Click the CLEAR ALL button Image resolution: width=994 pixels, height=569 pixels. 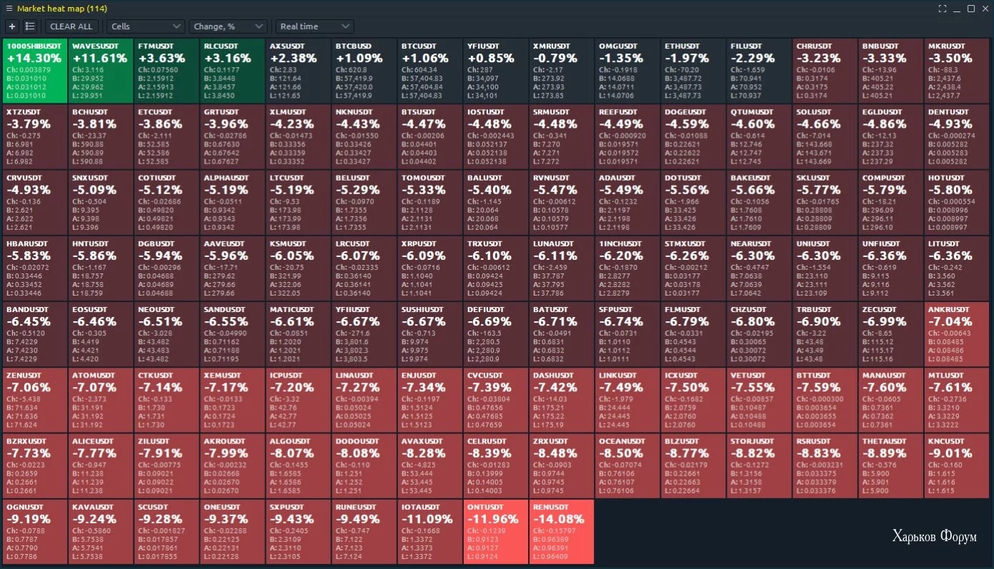coord(71,26)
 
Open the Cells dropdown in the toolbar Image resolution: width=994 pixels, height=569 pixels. coord(146,26)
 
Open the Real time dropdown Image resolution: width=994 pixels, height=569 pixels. coord(314,26)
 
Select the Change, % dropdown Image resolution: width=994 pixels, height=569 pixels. coord(227,26)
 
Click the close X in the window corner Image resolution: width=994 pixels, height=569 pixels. coord(985,9)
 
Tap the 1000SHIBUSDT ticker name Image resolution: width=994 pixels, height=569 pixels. coord(34,45)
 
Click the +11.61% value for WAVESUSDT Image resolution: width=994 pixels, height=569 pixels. coord(99,58)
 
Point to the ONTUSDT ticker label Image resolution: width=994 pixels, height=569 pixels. coord(485,507)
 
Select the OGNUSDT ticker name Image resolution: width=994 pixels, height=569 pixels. coord(26,507)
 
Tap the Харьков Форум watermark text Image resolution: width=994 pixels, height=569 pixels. coord(934,537)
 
